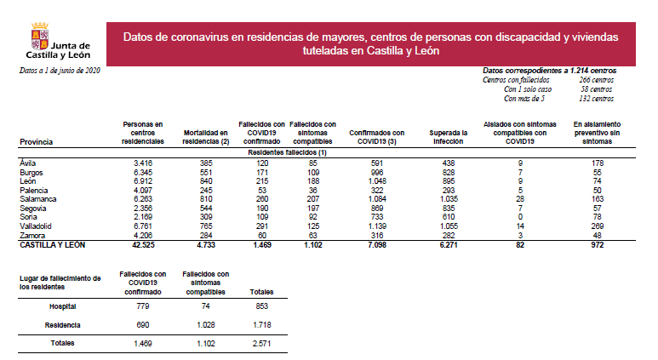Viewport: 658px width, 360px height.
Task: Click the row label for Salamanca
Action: coord(37,198)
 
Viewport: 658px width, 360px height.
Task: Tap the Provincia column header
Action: coord(37,141)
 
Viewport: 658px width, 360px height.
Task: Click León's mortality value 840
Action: coord(205,180)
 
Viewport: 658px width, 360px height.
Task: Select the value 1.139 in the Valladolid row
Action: coord(376,226)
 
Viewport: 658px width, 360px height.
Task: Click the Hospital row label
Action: coord(63,306)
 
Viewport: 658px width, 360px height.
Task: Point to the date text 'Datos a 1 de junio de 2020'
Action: coord(60,70)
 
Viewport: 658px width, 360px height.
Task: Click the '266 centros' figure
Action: coord(595,80)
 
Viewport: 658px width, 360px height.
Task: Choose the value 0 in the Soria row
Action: coord(519,216)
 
